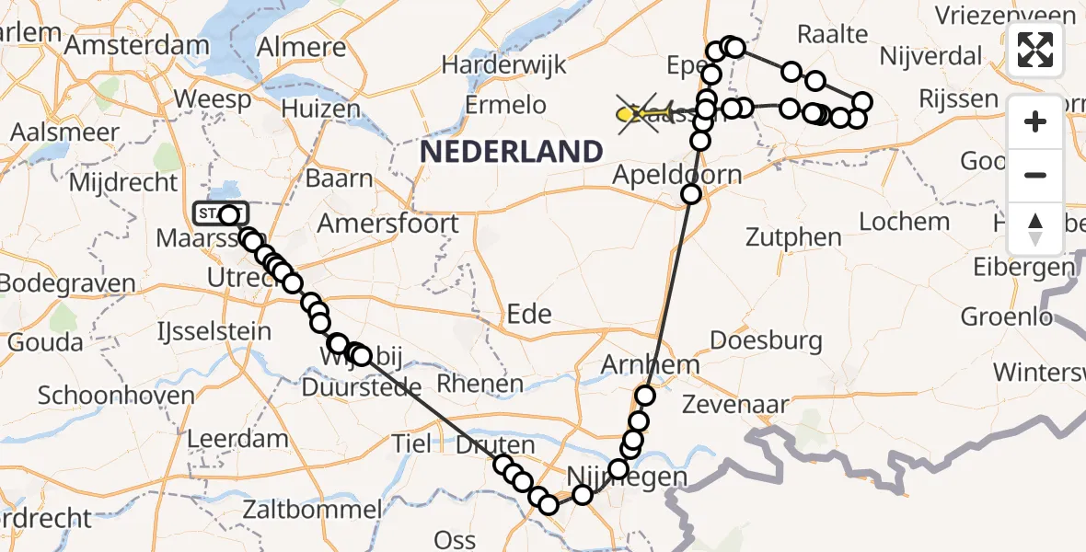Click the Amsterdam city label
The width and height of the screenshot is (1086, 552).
click(x=150, y=45)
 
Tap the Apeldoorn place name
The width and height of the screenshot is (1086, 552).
click(x=663, y=175)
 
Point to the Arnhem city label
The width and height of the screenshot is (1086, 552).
click(x=650, y=364)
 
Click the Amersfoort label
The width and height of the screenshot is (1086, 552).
click(x=387, y=224)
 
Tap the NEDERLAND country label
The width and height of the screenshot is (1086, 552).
click(x=512, y=151)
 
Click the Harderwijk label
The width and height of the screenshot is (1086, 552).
click(x=504, y=65)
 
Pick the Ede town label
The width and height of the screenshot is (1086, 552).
click(x=530, y=314)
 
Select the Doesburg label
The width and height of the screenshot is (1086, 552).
click(x=779, y=340)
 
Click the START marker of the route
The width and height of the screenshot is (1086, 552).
click(x=218, y=214)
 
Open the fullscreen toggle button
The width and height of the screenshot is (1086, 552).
click(x=1036, y=50)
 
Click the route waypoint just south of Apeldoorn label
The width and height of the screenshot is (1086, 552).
click(x=691, y=194)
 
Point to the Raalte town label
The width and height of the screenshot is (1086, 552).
click(x=832, y=34)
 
